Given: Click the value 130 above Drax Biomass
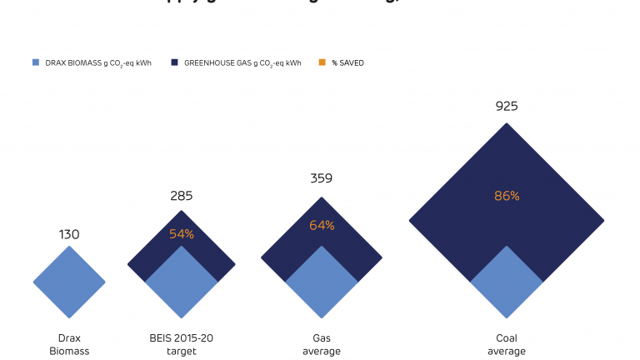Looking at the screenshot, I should [69, 234].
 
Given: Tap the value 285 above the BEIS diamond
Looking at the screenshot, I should [181, 196].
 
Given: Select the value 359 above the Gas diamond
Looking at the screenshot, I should [322, 177].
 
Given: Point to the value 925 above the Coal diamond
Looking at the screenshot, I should [507, 106].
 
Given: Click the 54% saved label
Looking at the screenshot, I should [181, 234].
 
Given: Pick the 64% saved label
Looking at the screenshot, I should [322, 225].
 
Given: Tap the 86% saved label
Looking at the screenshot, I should [507, 196].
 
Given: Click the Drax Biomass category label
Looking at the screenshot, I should [69, 345].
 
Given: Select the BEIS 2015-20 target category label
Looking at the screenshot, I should [181, 345].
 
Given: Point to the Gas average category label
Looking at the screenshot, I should [322, 345].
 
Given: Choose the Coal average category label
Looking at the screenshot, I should [507, 345].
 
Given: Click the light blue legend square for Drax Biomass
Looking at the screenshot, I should [35, 62].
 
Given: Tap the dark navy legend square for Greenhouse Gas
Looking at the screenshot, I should [175, 62].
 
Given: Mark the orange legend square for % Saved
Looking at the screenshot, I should [321, 62].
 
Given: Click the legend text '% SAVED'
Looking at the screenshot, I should [347, 62].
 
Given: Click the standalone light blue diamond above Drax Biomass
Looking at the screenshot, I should [69, 282].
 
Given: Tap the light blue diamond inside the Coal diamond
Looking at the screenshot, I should [507, 283].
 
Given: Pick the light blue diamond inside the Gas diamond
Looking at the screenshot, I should [322, 283].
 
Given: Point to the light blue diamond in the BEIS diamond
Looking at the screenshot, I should [181, 283].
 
